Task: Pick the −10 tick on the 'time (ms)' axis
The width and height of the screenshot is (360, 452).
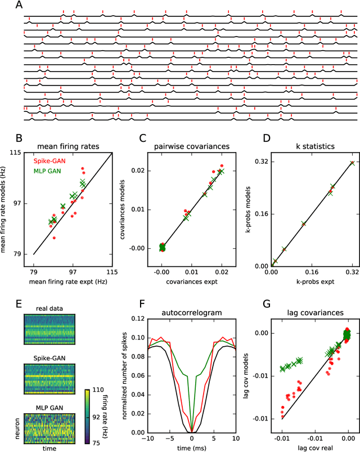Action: [x=147, y=438]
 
